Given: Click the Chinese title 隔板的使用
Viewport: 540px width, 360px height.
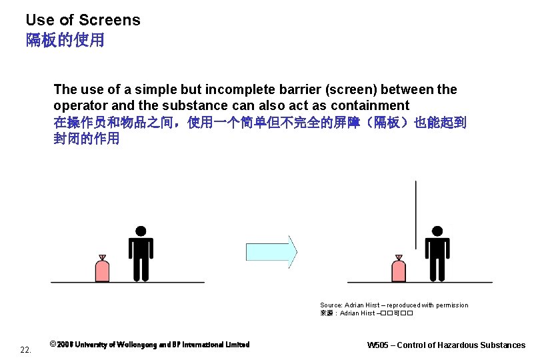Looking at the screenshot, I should (65, 40).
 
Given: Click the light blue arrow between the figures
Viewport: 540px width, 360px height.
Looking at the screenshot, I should (271, 251).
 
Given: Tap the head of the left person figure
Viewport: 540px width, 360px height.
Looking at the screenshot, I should (141, 231).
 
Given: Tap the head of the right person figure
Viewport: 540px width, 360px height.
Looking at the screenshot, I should (437, 231).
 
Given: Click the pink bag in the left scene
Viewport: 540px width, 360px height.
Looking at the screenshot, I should (102, 270).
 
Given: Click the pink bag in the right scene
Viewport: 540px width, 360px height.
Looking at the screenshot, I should (399, 270).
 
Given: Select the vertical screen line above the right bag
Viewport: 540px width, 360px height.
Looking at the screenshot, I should (415, 213).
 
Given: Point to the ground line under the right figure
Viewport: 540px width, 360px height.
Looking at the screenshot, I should (420, 283).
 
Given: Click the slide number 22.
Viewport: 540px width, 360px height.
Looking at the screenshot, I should (25, 349).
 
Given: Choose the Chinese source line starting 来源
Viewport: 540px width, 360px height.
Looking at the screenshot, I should (367, 313).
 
